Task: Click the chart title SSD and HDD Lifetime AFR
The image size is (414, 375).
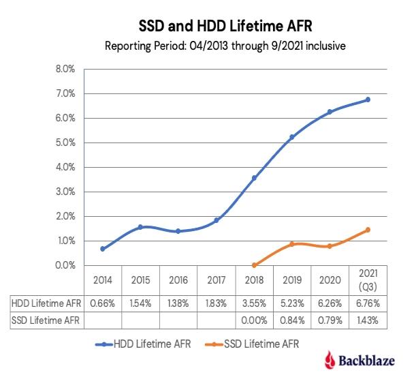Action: [x=207, y=25]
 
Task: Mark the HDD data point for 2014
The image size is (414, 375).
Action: [x=103, y=249]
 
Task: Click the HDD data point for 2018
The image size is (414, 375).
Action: [x=255, y=178]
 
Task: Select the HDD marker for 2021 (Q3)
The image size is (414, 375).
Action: [x=368, y=100]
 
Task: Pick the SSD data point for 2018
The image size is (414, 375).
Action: [x=255, y=265]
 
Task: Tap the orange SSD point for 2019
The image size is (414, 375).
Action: [x=292, y=244]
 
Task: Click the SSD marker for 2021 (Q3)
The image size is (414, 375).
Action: [x=368, y=230]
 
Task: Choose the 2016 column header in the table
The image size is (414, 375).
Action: [x=178, y=280]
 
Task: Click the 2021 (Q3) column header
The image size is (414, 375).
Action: [x=368, y=280]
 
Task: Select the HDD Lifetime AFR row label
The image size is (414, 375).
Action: [x=45, y=302]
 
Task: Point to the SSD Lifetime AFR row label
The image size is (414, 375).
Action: [x=45, y=317]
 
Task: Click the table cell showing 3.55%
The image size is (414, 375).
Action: [x=255, y=302]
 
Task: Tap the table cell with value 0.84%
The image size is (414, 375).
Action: [x=292, y=317]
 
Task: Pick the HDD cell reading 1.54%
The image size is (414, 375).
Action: [x=141, y=302]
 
